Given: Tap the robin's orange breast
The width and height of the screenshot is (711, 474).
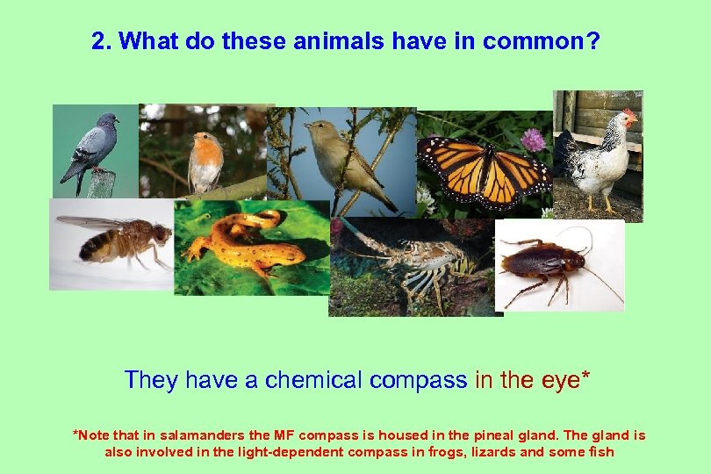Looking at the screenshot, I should click(205, 158).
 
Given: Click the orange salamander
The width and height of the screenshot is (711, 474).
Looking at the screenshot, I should click(237, 240).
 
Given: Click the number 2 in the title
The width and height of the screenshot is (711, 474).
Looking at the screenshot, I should click(99, 41).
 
